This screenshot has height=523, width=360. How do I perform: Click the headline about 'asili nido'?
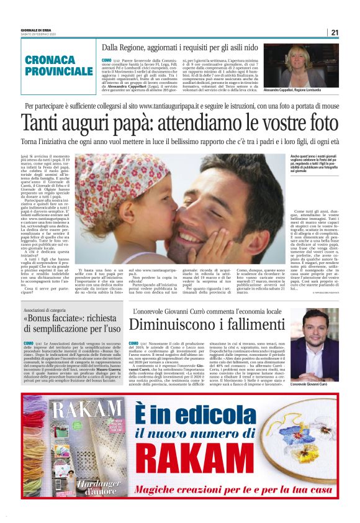(x=180, y=47)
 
